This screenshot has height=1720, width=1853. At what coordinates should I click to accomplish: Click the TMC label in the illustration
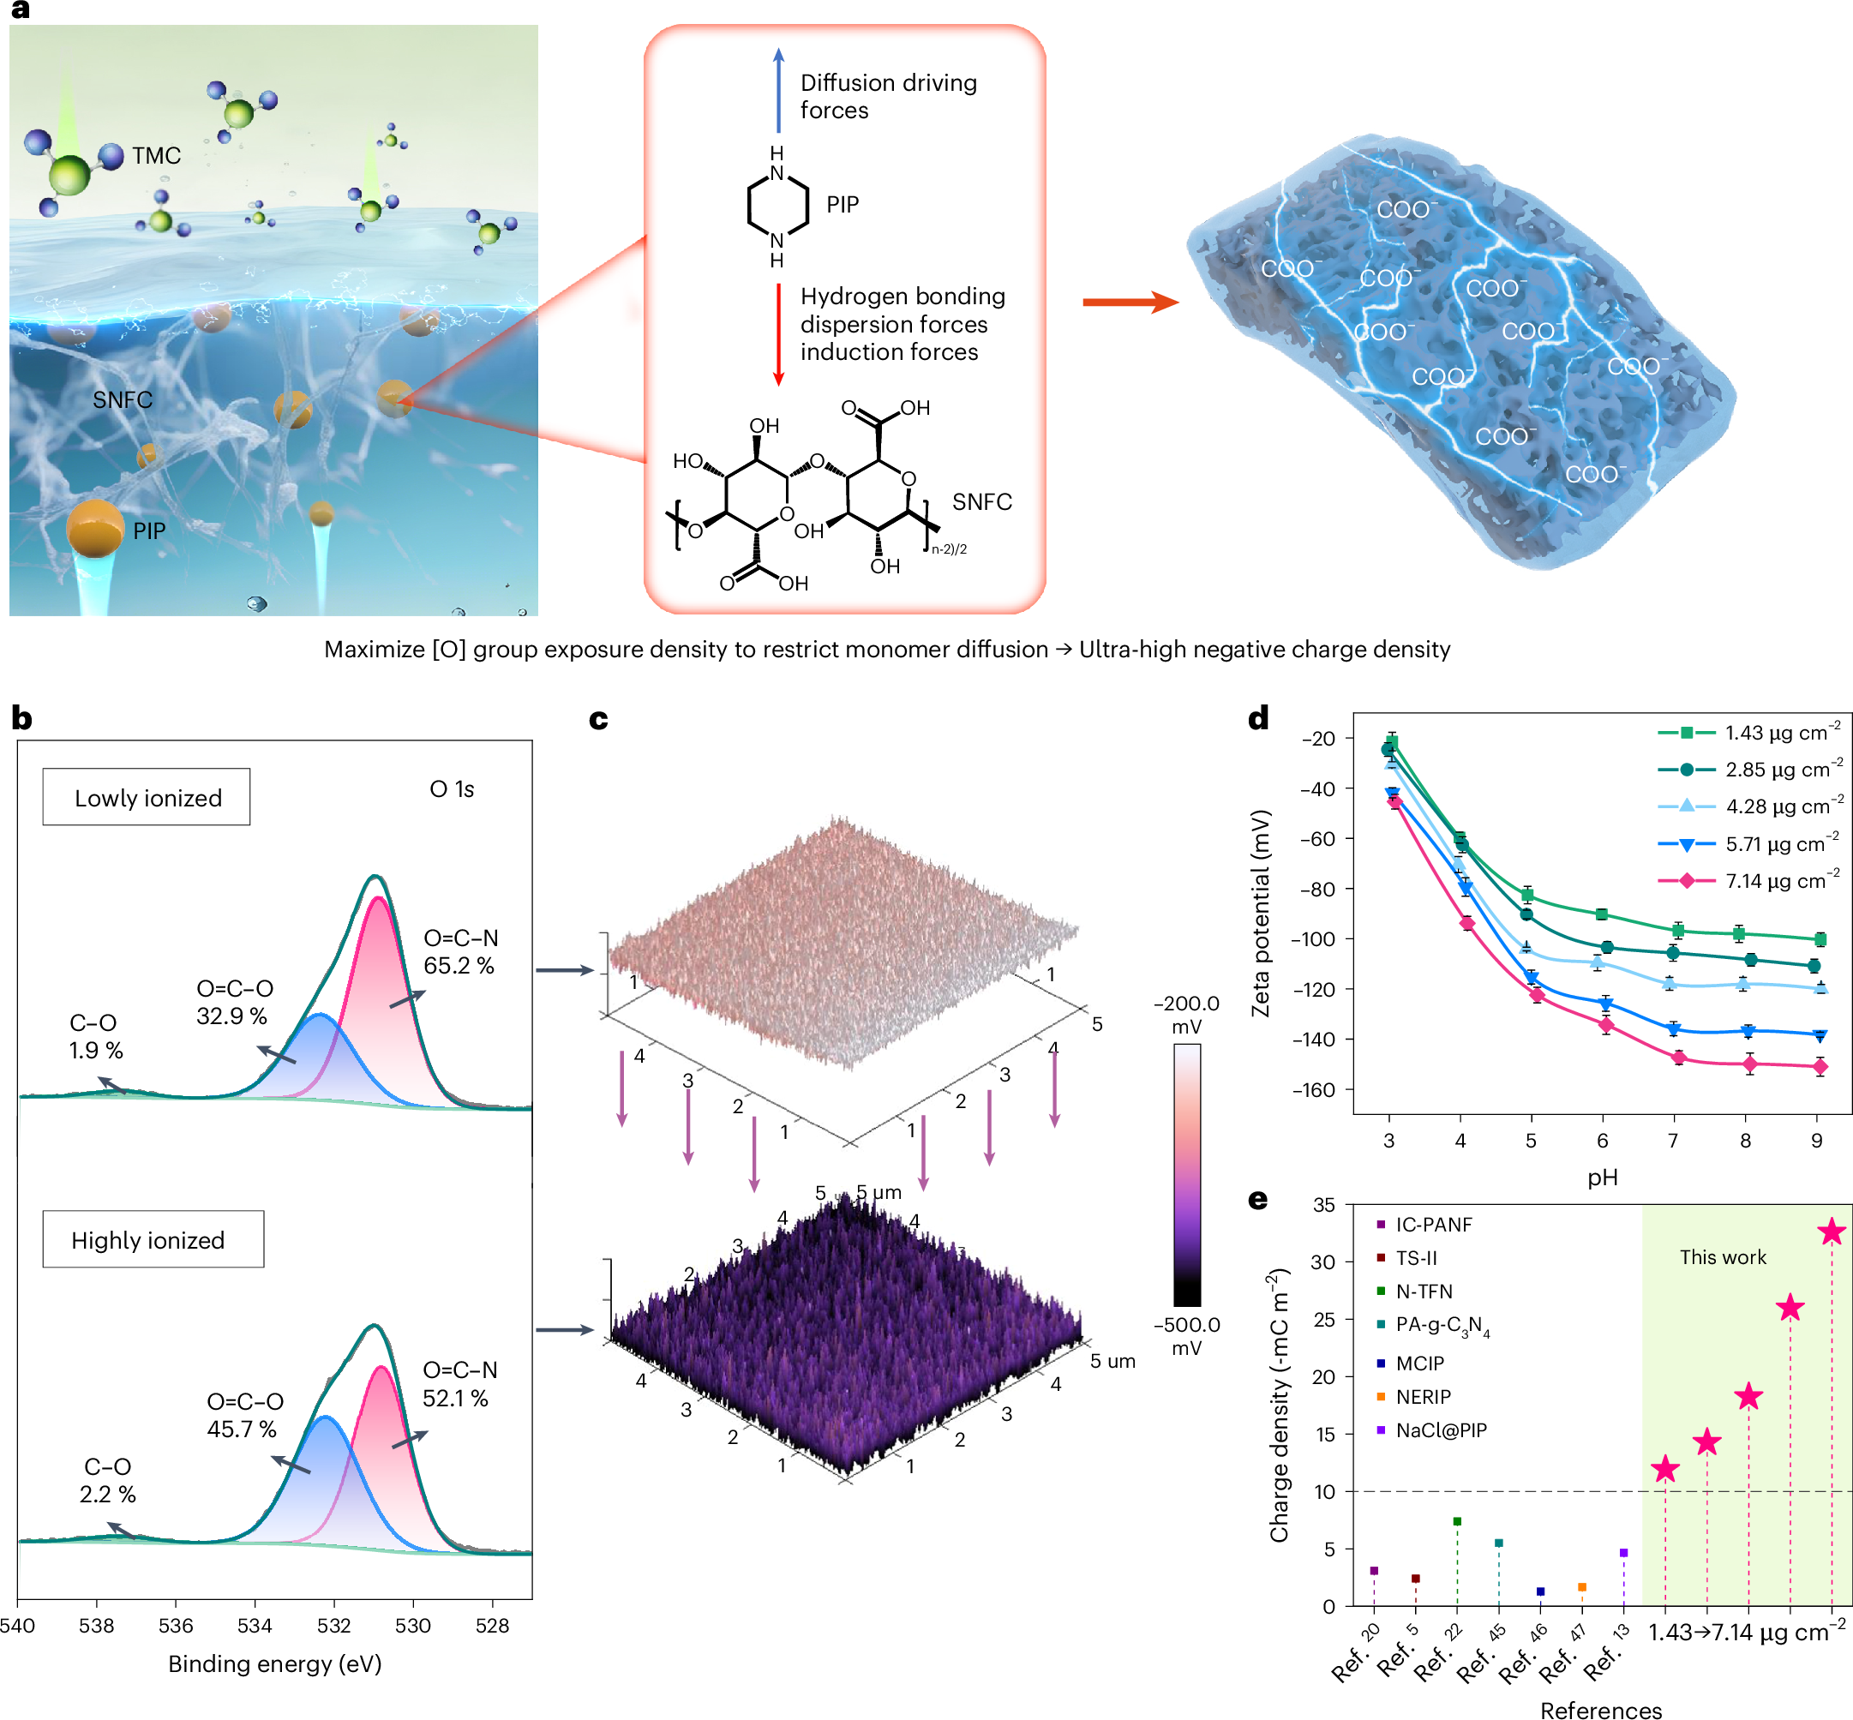tap(155, 155)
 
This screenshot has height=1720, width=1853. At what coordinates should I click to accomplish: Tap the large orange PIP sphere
tap(95, 529)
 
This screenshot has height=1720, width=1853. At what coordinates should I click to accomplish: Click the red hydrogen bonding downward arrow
tap(779, 335)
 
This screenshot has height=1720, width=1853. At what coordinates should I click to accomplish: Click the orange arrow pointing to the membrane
tap(1130, 302)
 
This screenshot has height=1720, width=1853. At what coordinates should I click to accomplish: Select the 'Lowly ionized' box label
tap(147, 798)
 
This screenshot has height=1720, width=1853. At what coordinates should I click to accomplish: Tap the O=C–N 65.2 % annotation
tap(459, 951)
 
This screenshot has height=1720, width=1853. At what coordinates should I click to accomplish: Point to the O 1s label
tap(452, 789)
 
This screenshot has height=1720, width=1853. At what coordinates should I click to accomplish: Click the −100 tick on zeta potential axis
tap(1317, 939)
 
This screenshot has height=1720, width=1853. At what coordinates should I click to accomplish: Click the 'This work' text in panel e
tap(1722, 1257)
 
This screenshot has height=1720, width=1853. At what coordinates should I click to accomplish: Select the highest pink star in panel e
tap(1831, 1232)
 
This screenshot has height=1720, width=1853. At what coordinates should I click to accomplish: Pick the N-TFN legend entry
tap(1422, 1291)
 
